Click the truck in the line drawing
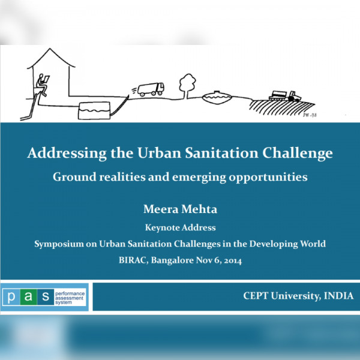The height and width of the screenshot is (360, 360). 151,89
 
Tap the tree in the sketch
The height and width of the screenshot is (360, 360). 187,86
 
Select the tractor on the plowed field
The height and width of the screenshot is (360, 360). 285,96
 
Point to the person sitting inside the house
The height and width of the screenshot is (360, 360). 43,85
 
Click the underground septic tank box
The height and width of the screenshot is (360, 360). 94,110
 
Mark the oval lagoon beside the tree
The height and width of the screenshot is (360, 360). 217,97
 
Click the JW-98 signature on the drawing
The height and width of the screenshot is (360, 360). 310,115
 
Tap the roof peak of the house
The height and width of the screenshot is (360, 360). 50,49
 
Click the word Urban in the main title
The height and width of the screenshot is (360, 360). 159,152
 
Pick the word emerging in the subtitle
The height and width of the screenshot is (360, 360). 199,178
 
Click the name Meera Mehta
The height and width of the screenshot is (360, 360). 180,209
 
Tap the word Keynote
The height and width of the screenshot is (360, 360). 163,228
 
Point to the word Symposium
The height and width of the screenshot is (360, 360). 59,244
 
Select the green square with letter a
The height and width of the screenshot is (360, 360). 28,296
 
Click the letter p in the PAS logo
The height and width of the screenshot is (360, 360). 11,297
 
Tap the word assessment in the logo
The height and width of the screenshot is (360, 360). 69,298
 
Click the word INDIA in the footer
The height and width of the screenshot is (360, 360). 338,296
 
